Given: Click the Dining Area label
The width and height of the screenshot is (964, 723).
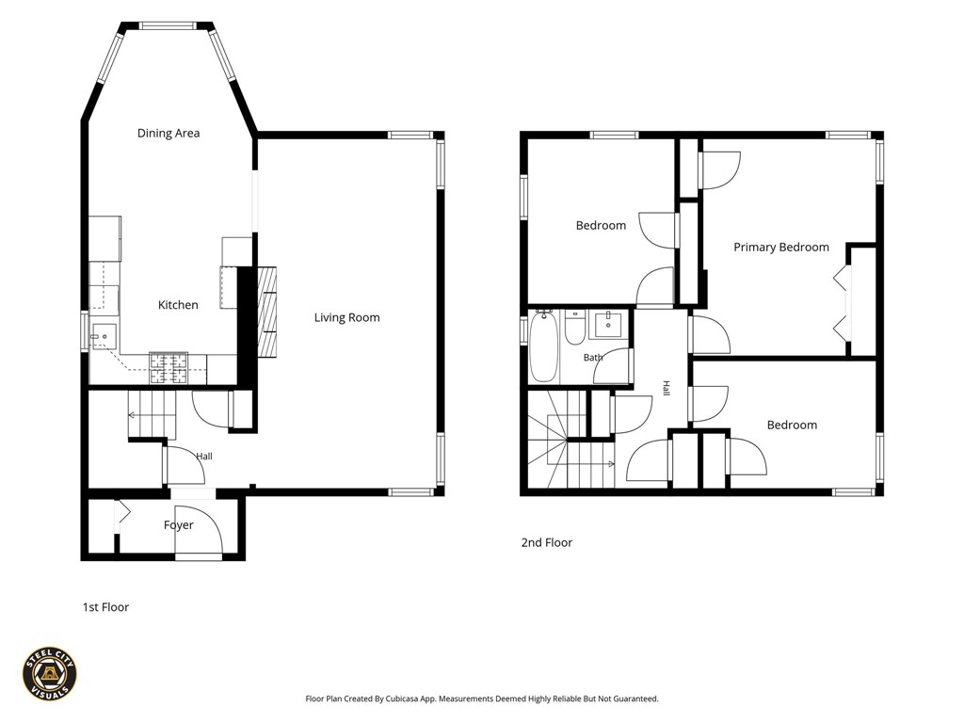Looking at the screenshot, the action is click(x=169, y=133).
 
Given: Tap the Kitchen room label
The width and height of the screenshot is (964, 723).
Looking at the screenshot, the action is click(x=178, y=305).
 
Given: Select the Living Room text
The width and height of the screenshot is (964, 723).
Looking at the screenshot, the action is click(x=346, y=318).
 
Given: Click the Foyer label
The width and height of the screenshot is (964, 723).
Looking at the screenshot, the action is click(x=178, y=525).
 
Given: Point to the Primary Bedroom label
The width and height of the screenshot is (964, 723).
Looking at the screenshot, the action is click(x=781, y=248).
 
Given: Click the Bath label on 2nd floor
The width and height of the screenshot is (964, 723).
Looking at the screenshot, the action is click(x=593, y=357).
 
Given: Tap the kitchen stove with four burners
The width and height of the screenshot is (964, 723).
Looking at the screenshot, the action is click(x=169, y=368).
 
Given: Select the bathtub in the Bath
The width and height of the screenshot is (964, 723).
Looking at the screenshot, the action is click(x=543, y=346).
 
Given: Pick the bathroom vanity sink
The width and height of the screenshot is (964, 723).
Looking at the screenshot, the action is click(x=608, y=324).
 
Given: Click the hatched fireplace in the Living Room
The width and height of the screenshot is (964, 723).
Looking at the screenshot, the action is click(x=266, y=312).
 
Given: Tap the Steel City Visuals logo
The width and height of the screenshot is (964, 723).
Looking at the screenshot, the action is click(x=50, y=674).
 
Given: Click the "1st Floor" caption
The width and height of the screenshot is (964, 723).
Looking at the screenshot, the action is click(x=105, y=607).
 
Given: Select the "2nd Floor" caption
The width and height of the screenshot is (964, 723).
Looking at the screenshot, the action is click(x=547, y=543).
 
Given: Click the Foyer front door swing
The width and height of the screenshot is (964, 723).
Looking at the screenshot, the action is click(x=197, y=530).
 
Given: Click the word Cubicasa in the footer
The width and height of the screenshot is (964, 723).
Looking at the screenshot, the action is click(x=404, y=699).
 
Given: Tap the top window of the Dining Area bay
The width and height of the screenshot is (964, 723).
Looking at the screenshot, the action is click(x=168, y=25).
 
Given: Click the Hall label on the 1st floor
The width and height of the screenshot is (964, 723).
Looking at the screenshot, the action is click(x=204, y=457).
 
